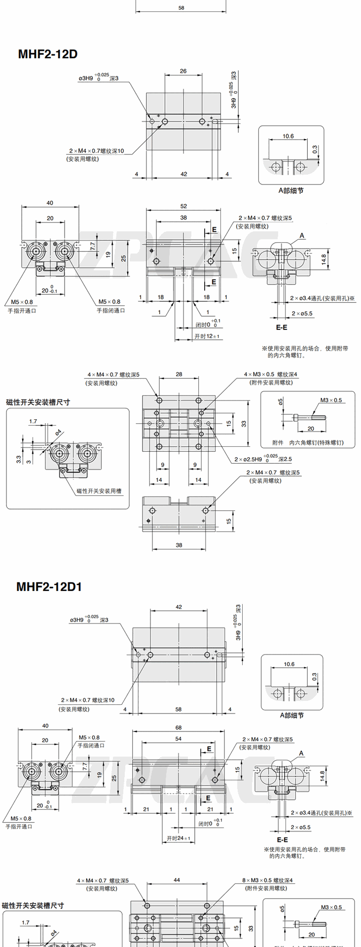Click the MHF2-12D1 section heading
(49, 586)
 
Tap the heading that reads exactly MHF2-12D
(47, 54)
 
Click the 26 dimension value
(183, 71)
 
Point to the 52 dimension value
(183, 206)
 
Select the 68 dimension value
(179, 728)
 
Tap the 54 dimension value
(179, 739)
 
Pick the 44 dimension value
(177, 880)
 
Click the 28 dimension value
(179, 374)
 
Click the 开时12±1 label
(207, 336)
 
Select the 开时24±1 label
(179, 838)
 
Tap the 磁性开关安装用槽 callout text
(99, 491)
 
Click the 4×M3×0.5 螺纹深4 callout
(271, 374)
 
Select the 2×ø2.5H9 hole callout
(263, 459)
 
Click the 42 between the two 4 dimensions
(183, 174)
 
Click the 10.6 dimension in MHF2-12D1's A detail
(289, 664)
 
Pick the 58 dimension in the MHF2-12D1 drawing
(179, 710)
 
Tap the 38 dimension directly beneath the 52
(183, 218)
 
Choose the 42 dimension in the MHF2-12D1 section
(179, 607)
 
